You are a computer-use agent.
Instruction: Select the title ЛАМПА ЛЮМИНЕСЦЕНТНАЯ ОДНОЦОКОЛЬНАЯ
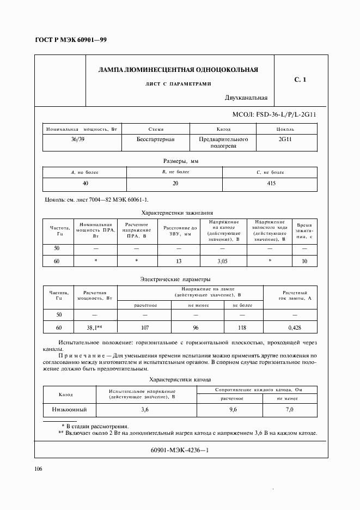click(178, 70)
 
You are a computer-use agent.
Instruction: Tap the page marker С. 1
click(300, 80)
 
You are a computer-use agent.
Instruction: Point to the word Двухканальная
click(246, 98)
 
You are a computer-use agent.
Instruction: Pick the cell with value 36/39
click(78, 139)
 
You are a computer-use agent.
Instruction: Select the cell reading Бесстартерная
click(156, 139)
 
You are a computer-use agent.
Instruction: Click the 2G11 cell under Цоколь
click(285, 139)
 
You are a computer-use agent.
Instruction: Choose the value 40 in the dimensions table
click(86, 184)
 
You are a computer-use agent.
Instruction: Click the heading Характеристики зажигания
click(177, 212)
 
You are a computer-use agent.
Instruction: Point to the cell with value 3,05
click(223, 262)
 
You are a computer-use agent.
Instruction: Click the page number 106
click(39, 469)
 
